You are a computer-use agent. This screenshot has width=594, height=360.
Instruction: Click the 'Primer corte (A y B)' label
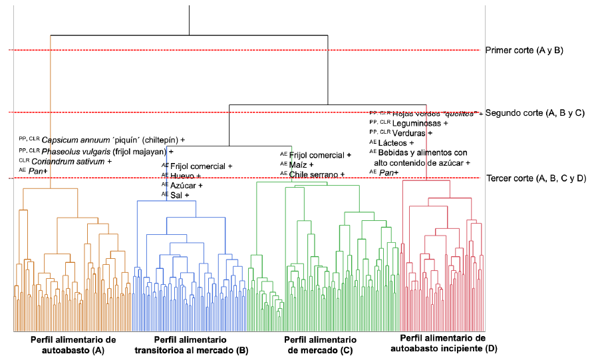525,50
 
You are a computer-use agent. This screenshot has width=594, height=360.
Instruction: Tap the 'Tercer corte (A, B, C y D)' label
536,178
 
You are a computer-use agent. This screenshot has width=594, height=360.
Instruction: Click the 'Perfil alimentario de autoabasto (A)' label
73,344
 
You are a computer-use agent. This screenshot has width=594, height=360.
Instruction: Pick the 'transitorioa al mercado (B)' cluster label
191,350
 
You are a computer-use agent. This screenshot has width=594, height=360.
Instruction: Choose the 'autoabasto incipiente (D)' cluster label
444,347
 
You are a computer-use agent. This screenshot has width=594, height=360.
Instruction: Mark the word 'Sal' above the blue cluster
176,195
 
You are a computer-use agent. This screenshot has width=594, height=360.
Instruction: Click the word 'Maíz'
299,164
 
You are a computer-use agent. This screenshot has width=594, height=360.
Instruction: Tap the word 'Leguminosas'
417,123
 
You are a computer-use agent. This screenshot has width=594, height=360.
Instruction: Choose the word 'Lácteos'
403,143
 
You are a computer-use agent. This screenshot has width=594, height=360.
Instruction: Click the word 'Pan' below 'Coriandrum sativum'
35,172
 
